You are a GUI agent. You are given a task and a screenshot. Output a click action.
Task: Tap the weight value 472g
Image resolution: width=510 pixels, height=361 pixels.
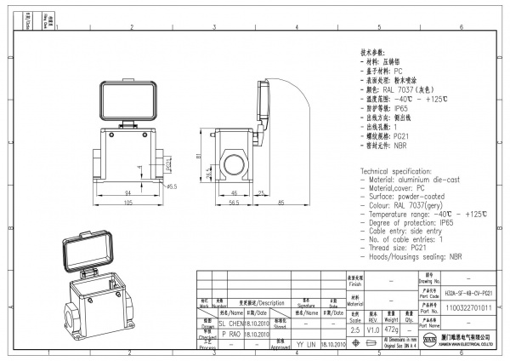pos(392,329)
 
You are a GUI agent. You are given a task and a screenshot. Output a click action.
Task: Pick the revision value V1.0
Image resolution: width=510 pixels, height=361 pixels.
pos(373,329)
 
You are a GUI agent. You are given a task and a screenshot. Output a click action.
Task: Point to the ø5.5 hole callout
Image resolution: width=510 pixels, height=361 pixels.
pos(171,186)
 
